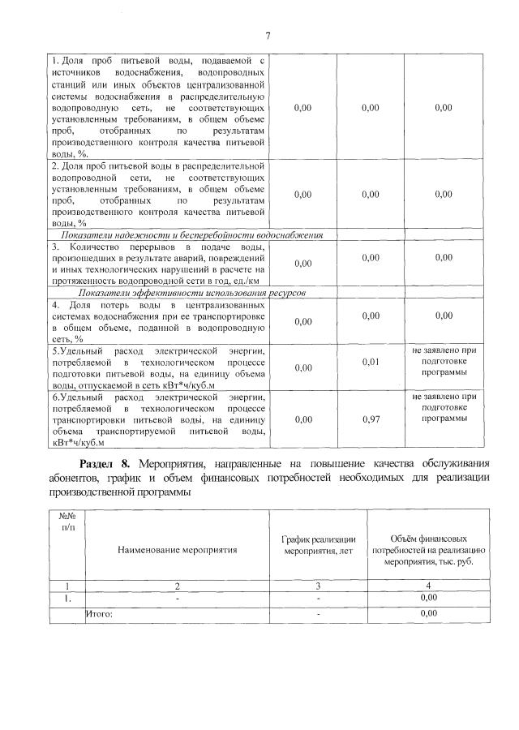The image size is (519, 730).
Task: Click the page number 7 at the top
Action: (267, 34)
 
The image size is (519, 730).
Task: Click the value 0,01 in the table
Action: (371, 362)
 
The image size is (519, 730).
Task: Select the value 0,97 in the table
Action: (371, 419)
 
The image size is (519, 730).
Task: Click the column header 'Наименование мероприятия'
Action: (177, 549)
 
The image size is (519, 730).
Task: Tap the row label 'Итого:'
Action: (99, 614)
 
